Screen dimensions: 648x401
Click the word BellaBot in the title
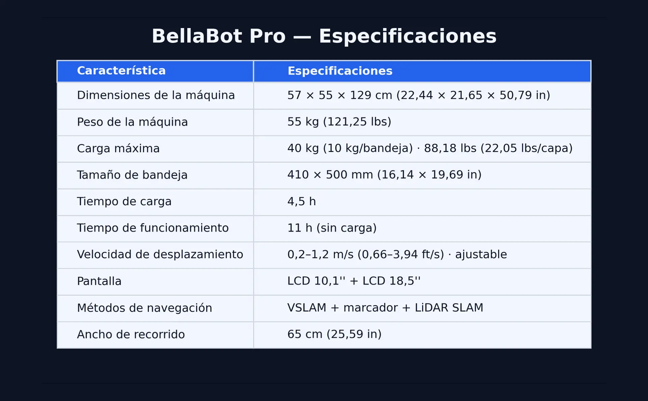(x=197, y=36)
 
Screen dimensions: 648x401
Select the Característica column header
(x=121, y=71)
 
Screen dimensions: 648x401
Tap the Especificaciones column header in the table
(x=340, y=71)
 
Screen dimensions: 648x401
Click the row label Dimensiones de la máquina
(x=156, y=95)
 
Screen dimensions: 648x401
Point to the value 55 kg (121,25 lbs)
(x=339, y=122)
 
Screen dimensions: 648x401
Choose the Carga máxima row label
(x=118, y=148)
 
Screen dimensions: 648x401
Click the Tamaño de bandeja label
(x=132, y=175)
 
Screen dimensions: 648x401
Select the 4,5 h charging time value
(x=301, y=202)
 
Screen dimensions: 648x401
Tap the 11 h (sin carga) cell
(x=332, y=228)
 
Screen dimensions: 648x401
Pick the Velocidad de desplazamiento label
(x=160, y=254)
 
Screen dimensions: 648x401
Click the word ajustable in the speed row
(x=481, y=255)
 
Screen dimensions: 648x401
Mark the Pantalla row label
(x=99, y=281)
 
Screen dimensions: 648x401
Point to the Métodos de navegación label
(x=144, y=308)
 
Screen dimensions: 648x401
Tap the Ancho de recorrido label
(x=131, y=334)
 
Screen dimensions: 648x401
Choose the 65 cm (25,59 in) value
(x=334, y=334)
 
